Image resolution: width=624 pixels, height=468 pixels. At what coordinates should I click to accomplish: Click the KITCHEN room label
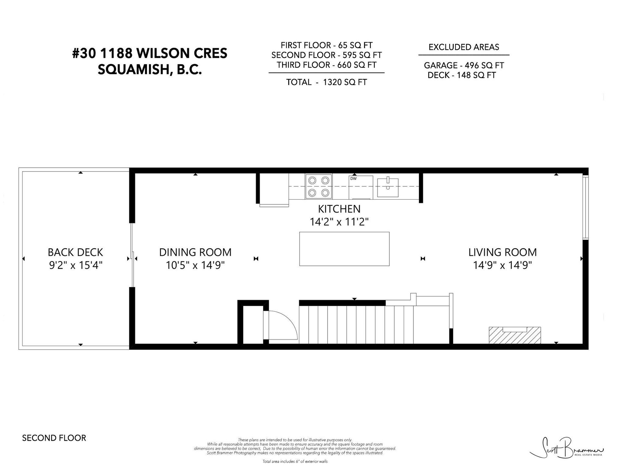tap(339, 209)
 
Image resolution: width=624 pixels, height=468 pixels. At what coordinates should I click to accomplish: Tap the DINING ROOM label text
tap(195, 252)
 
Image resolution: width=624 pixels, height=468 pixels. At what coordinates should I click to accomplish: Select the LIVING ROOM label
tap(502, 252)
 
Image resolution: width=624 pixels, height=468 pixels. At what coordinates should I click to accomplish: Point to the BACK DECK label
tap(75, 252)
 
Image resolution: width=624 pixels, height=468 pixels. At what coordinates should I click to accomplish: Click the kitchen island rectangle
tap(344, 249)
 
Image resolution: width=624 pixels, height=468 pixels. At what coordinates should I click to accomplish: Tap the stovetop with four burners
tap(318, 186)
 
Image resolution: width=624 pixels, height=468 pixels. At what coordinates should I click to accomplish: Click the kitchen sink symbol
tap(388, 187)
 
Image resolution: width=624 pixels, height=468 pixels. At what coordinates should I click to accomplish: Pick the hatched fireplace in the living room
tap(515, 335)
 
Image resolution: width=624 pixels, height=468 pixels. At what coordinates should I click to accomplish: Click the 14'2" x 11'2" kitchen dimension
tap(339, 222)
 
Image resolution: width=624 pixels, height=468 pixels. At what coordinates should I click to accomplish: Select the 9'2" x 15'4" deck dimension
tap(75, 265)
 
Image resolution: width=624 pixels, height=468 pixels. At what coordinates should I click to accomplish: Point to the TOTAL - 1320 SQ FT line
tap(326, 82)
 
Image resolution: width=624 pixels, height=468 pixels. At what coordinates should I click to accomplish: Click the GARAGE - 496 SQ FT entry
tap(464, 65)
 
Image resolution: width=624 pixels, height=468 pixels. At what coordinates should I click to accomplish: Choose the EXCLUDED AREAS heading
tap(464, 47)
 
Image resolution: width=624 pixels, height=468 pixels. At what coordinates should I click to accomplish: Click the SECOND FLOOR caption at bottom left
tap(54, 438)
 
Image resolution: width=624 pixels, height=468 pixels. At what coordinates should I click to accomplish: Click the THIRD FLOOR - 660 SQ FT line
tap(327, 65)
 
